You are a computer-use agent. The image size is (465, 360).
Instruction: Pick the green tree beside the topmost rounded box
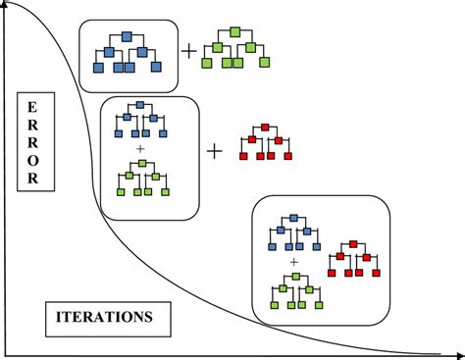[x=233, y=48]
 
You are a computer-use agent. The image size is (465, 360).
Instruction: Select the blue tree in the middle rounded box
[x=141, y=121]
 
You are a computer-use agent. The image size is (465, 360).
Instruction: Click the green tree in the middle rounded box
[x=142, y=178]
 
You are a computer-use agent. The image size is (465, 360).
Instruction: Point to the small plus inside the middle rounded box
[x=141, y=148]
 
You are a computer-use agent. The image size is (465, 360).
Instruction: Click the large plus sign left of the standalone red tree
[x=215, y=151]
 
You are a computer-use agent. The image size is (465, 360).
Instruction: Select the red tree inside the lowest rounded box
[x=353, y=258]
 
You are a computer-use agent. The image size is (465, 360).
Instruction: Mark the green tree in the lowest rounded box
[x=293, y=290]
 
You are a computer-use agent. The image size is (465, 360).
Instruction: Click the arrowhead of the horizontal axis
[x=458, y=353]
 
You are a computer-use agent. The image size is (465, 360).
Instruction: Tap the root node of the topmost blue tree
[x=127, y=37]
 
